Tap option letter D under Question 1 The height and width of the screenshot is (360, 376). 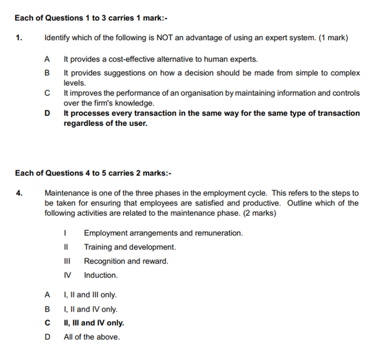pos(47,114)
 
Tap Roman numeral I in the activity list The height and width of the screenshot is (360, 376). pos(66,233)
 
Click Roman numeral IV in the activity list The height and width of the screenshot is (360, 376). pos(67,275)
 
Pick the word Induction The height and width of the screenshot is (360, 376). pos(101,275)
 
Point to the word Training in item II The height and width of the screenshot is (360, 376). pos(98,247)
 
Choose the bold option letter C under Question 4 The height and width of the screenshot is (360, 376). pos(47,323)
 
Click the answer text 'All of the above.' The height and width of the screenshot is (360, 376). pos(91,337)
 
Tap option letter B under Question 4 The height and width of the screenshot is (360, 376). pos(47,309)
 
